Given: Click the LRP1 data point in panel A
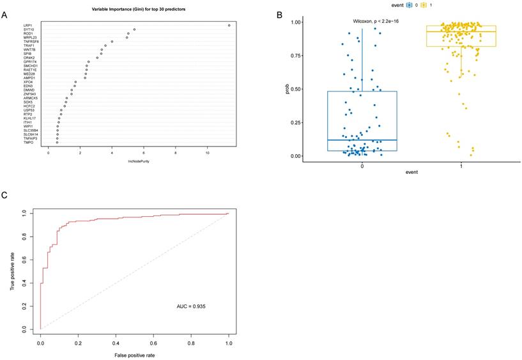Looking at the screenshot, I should [x=229, y=25].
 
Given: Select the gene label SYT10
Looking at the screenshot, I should [x=29, y=29].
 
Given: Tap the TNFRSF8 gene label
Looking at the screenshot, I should [x=31, y=42].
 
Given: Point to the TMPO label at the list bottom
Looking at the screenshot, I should [x=28, y=142].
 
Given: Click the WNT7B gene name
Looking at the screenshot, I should [x=29, y=50].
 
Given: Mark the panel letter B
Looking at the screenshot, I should [x=277, y=15].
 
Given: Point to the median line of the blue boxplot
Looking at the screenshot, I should [x=362, y=140].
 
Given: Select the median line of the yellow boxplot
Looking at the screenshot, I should [x=461, y=31].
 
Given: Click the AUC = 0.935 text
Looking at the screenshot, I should [x=191, y=307].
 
